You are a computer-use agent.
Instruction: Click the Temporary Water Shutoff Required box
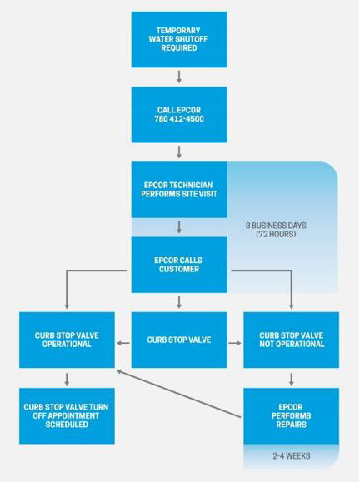179,39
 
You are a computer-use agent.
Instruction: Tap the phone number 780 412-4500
179,119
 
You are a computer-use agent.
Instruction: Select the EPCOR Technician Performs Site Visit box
179,190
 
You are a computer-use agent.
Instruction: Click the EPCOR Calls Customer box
179,265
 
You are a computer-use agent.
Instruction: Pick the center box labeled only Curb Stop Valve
179,340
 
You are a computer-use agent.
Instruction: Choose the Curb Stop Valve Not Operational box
292,340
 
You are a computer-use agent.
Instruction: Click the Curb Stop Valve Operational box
67,340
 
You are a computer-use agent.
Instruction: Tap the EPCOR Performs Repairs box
292,416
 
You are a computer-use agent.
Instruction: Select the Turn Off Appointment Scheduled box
67,416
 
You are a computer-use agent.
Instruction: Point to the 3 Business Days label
276,226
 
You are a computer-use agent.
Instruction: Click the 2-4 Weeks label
292,456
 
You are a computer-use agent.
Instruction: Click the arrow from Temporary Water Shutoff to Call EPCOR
179,77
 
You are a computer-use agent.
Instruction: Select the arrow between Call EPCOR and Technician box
179,152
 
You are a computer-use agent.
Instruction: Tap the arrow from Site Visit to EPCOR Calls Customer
179,227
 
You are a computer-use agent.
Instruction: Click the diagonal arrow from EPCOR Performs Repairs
179,394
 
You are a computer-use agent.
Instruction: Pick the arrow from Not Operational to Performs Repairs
292,380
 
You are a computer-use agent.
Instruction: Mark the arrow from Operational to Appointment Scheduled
67,380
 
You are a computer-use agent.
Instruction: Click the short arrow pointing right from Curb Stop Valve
235,343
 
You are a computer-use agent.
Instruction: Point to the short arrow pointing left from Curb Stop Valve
123,343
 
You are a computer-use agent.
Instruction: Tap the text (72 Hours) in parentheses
276,234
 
